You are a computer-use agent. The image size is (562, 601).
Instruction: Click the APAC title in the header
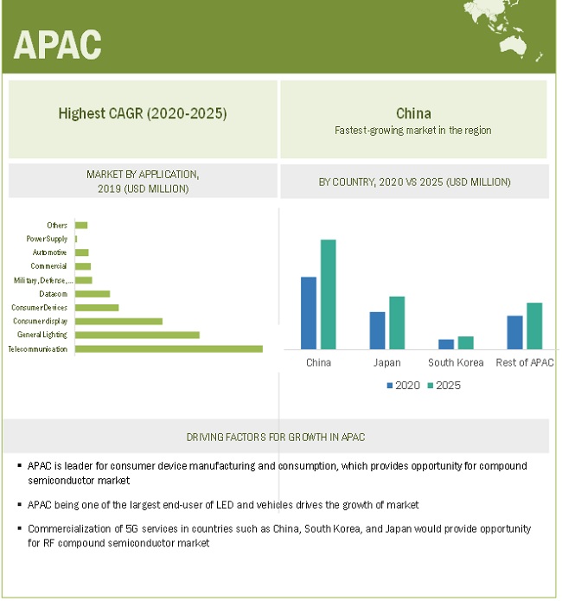tap(57, 44)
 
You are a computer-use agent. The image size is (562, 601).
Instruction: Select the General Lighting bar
tap(137, 335)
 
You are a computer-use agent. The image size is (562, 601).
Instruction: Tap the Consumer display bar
tap(118, 321)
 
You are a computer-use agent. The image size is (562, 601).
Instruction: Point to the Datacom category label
tap(53, 294)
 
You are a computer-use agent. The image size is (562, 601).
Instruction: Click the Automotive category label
tap(49, 253)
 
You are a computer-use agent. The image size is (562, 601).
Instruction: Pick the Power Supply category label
tap(47, 239)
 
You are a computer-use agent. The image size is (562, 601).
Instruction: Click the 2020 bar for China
tap(309, 312)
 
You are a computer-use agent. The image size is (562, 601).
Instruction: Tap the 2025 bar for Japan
tap(397, 323)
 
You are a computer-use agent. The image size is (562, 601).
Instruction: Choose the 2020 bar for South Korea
tap(446, 344)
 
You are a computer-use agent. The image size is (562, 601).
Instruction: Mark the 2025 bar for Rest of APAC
tap(534, 325)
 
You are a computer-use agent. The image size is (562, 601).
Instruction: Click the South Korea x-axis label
tap(456, 362)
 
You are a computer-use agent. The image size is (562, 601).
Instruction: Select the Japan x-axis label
tap(386, 362)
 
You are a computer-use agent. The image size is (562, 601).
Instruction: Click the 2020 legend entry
tap(403, 385)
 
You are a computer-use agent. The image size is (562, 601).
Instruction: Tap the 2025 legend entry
tap(444, 385)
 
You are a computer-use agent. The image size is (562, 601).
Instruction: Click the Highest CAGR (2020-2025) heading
tap(143, 113)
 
